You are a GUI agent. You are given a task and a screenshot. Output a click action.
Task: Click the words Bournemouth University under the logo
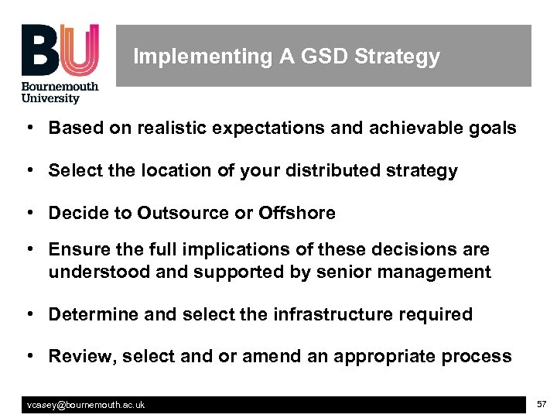60,92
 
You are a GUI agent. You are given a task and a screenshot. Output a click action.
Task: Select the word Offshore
297,213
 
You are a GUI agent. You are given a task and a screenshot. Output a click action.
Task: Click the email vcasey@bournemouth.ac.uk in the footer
86,405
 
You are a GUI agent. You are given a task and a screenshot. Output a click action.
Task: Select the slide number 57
542,404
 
